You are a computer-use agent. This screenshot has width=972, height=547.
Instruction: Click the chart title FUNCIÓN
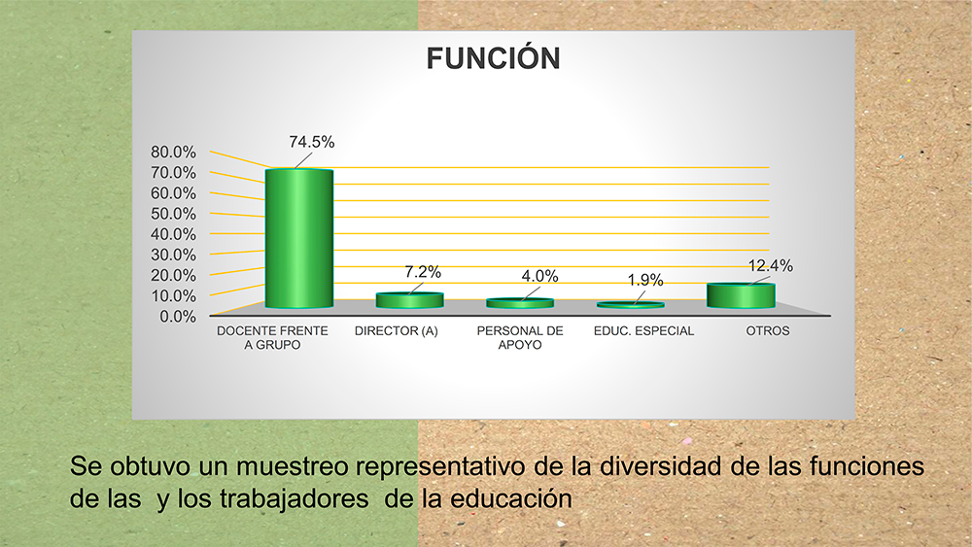494,58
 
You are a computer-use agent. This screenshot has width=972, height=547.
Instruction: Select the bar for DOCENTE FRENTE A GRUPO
299,238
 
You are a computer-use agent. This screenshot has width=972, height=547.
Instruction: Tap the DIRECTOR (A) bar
410,300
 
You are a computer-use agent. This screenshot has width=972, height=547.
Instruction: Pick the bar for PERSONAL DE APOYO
520,303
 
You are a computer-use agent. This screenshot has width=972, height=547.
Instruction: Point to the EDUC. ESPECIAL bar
631,305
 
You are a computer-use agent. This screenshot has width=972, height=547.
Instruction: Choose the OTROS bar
741,295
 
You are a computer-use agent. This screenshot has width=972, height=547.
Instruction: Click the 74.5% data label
312,142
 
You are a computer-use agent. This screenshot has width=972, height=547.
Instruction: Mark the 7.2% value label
423,272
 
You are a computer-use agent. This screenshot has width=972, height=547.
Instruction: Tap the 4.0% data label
539,276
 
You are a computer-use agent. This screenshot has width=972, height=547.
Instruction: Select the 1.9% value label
645,281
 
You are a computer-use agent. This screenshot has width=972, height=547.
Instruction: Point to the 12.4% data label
771,266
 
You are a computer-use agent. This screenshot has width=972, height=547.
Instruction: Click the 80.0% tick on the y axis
173,152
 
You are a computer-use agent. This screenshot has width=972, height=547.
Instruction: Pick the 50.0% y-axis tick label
173,214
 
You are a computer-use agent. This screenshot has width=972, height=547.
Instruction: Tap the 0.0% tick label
177,317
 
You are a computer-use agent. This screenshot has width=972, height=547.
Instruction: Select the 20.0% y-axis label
173,275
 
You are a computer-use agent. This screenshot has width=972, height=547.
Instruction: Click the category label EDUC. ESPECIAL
644,330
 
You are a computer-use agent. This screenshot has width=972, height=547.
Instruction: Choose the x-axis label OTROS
768,330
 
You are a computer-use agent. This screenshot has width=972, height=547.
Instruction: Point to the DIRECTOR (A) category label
397,330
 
